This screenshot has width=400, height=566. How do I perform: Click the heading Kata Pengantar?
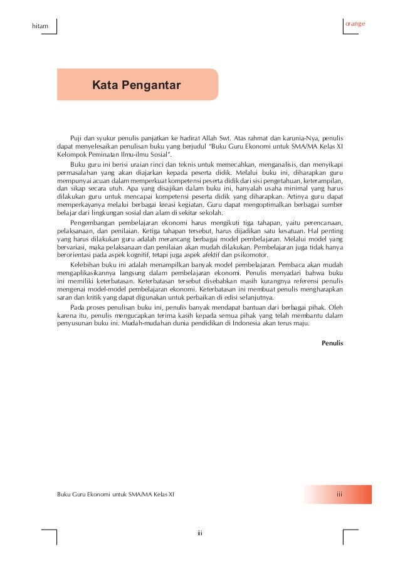pos(137,85)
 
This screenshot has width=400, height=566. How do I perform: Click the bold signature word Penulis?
pos(332,343)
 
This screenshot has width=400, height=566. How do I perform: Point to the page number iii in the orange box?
pos(339,495)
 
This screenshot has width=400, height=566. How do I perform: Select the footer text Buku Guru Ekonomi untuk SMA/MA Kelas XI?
pos(115,495)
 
